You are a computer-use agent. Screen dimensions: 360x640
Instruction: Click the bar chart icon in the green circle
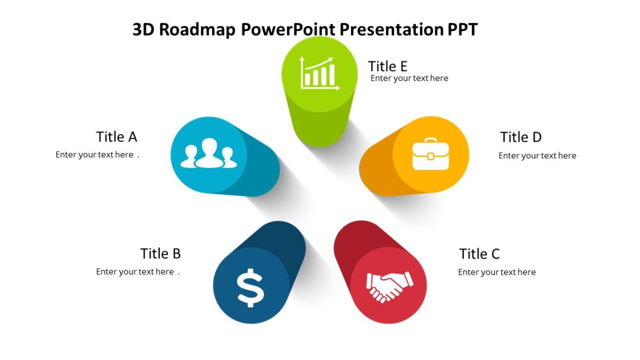[x=319, y=74]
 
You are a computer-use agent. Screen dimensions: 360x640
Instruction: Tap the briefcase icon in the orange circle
[x=430, y=154]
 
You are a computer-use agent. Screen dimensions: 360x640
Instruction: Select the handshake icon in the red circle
[x=389, y=286]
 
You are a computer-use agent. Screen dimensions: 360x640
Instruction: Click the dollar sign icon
[x=251, y=287]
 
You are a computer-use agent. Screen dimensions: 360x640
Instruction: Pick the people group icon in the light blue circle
[x=209, y=154]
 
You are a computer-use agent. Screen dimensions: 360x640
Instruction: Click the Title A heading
[x=117, y=137]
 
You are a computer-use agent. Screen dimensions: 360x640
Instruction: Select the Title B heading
[x=161, y=253]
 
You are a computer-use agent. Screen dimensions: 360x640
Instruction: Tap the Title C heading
[x=479, y=254]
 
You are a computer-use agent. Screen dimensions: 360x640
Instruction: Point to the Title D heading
[x=521, y=138]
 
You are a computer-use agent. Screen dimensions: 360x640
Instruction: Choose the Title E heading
[x=388, y=67]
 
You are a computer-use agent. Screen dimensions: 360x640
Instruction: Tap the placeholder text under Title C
[x=497, y=272]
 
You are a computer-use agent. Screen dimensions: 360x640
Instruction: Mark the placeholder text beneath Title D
[x=537, y=156]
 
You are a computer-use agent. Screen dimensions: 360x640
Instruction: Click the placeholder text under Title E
[x=409, y=78]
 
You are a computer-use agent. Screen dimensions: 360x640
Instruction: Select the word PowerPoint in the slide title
[x=288, y=30]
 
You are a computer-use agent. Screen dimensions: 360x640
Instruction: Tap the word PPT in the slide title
[x=462, y=30]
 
